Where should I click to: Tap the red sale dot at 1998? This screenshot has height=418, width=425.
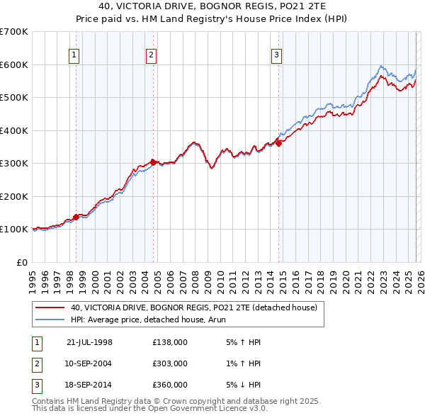pos(76,217)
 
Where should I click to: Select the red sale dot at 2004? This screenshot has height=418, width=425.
pos(154,162)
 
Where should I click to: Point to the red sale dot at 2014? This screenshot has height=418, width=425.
pos(279,143)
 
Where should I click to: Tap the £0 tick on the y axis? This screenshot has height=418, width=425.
pos(21,262)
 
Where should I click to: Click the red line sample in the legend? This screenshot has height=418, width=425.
pos(50,307)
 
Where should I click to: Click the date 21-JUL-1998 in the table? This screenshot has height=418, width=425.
pos(89,341)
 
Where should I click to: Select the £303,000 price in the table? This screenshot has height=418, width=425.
pos(169,363)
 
